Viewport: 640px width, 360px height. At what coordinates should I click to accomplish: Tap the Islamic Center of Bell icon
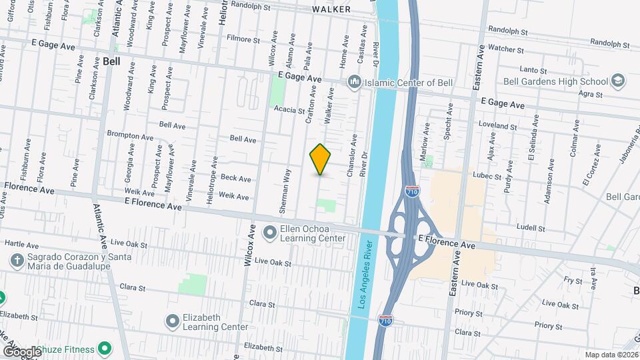point(354,82)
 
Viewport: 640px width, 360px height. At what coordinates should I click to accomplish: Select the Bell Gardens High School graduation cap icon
point(618,81)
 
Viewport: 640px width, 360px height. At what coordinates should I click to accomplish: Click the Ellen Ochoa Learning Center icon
point(270,233)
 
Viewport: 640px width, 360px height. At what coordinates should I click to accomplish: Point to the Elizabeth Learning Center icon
point(173,321)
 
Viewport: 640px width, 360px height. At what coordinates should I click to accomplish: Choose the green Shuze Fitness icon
point(104,348)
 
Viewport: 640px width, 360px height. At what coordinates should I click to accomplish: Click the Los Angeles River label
point(363,273)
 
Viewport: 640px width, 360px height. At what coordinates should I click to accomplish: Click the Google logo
point(22,351)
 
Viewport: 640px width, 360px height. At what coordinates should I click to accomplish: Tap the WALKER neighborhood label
point(332,10)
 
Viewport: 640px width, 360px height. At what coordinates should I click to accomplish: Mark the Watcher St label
point(506,48)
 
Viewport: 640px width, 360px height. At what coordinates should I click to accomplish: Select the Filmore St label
point(242,40)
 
